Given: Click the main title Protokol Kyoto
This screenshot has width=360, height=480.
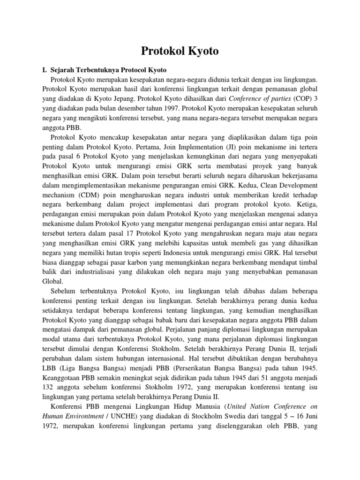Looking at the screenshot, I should (180, 51).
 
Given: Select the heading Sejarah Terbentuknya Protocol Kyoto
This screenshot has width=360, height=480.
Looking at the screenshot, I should (105, 69).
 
